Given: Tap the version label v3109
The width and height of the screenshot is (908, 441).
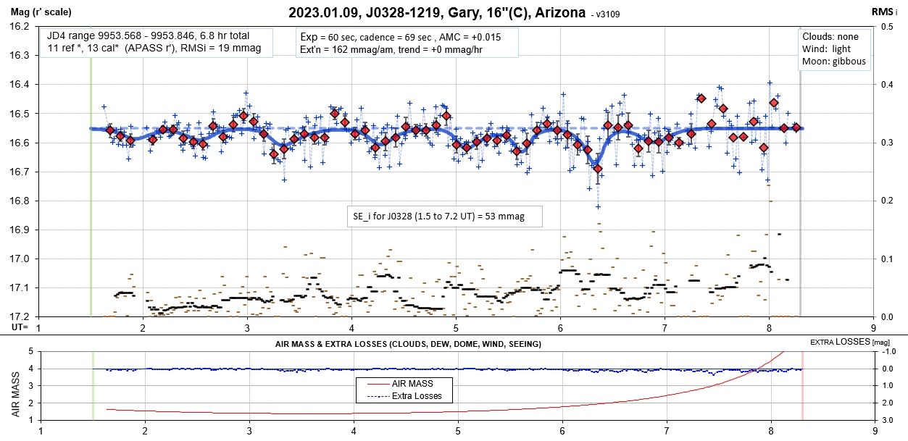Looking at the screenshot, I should tap(606, 14).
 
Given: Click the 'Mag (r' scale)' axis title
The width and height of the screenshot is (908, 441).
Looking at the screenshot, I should tap(35, 11).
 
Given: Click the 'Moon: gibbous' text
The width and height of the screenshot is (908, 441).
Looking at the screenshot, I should tap(834, 62).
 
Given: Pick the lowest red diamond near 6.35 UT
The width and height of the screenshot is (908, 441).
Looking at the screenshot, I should tap(598, 169).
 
